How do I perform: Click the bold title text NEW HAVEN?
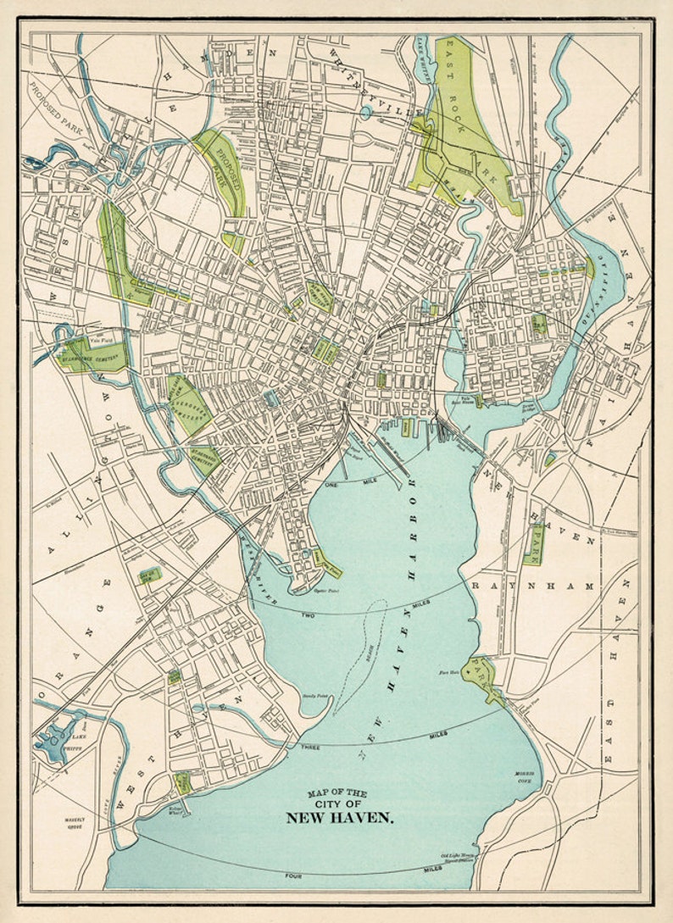(339, 818)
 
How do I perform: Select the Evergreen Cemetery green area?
(192, 405)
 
